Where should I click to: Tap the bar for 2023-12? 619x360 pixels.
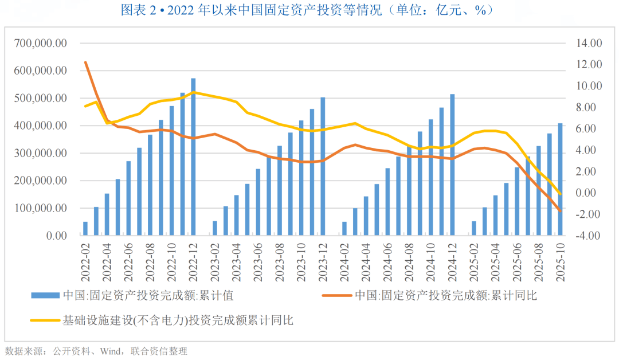pos(323,166)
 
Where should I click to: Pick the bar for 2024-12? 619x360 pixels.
pos(452,165)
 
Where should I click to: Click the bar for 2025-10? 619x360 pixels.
pos(560,179)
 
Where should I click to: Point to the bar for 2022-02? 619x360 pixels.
pos(85,229)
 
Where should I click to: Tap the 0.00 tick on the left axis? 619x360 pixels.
pos(56,236)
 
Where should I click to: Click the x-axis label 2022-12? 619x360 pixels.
pos(193,261)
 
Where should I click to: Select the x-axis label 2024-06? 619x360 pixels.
pos(387,261)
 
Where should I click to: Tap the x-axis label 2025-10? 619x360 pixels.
pos(560,261)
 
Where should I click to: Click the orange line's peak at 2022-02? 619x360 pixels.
pos(85,62)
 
